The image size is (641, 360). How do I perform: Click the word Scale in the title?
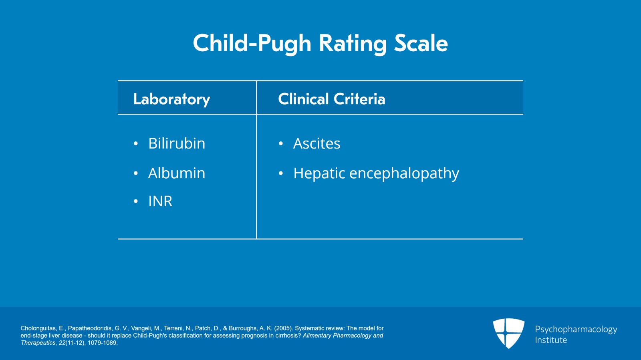point(421,43)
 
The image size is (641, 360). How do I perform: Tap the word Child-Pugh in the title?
point(252,43)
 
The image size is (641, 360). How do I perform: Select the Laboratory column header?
point(171,99)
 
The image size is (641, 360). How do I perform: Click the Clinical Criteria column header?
point(331,99)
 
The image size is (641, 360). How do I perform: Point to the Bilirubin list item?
point(176,143)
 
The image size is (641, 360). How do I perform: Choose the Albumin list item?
point(176,173)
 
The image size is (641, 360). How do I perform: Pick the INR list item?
point(160,201)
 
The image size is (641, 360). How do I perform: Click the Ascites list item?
point(316,143)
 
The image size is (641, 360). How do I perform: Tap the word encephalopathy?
point(404,174)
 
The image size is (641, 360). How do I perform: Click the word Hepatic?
point(319,174)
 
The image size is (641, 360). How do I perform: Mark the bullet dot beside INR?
point(136,201)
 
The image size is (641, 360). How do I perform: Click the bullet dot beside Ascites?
point(281,144)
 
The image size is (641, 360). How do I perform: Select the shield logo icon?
point(508,333)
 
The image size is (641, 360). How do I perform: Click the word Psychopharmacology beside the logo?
point(576,330)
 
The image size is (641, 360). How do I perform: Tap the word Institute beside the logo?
point(551,340)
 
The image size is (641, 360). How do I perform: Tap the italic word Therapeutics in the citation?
point(38,343)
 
